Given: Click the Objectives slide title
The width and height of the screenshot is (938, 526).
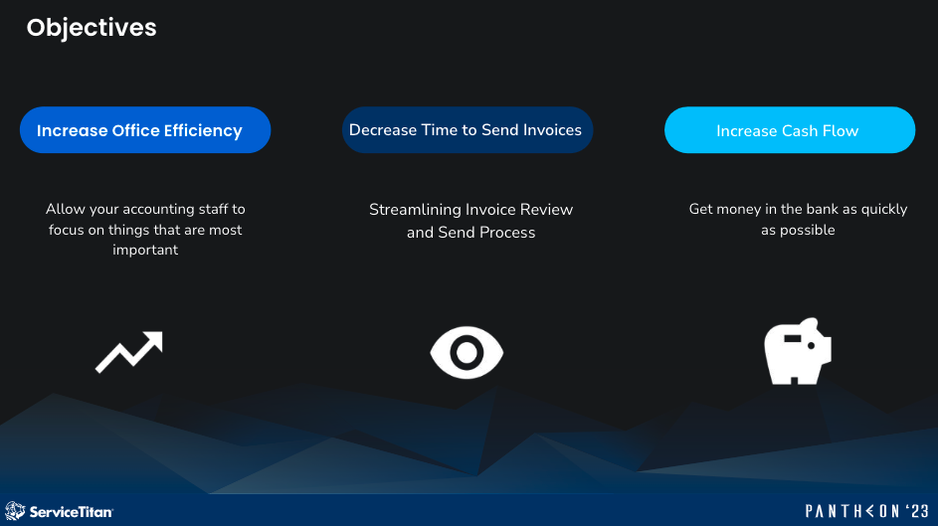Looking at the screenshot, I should coord(92,27).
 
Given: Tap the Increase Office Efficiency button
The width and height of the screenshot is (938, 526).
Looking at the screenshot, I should coord(145,130).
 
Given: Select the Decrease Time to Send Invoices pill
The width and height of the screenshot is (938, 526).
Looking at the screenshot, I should coord(467,130).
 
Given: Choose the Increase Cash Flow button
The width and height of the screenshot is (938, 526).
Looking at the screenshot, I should coord(789,130).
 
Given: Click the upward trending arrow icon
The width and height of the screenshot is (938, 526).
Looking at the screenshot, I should coord(128,352).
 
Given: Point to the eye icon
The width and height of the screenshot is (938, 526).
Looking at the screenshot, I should coord(467,352).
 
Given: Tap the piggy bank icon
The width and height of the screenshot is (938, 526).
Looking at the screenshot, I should coord(797,352).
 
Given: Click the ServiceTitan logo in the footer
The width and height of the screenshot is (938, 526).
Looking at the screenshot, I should coord(60,511).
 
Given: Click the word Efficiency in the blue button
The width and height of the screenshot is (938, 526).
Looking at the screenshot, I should coord(204,131).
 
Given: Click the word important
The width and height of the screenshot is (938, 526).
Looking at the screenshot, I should coord(145,250).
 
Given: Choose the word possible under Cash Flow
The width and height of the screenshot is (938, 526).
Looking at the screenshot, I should coord(810,230).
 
